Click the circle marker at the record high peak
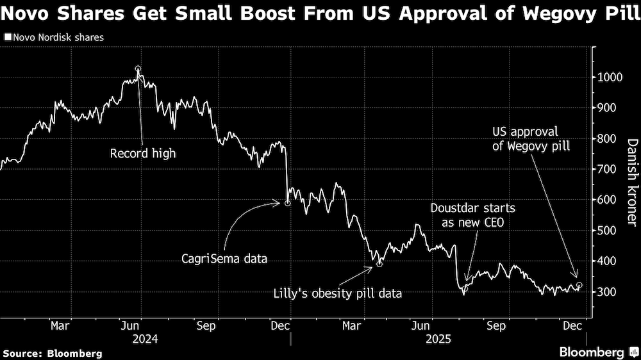(138, 69)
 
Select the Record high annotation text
(142, 154)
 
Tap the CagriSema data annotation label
(223, 259)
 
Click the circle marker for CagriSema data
(287, 203)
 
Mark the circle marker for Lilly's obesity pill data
(379, 263)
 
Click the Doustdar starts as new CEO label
(472, 215)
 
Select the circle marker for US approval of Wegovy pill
(579, 285)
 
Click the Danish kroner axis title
(632, 183)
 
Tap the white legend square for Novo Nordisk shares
(7, 38)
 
